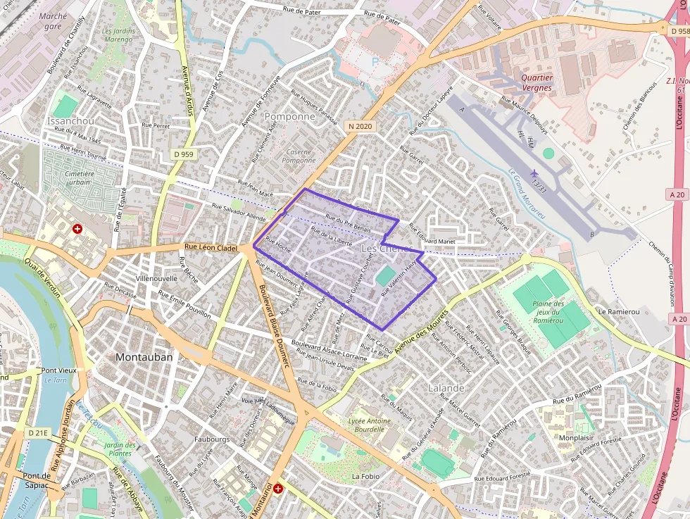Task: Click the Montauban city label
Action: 144,357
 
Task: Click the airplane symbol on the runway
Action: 534,173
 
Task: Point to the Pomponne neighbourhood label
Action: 289,116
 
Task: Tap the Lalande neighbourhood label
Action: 446,388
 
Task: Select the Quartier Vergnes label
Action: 537,82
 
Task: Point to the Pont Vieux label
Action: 58,370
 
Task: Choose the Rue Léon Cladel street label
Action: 211,247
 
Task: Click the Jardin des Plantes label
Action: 118,449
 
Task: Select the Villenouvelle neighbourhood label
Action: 156,279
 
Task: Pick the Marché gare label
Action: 54,20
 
